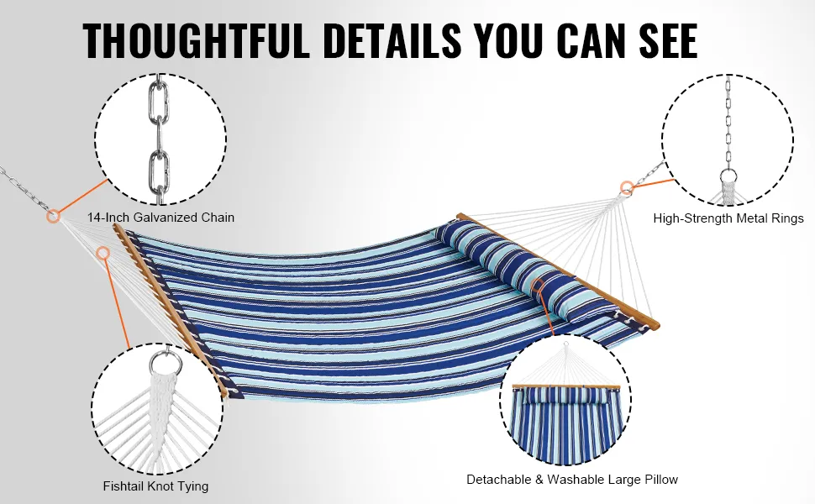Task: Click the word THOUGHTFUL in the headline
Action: pos(196,40)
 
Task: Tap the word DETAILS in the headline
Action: pos(392,40)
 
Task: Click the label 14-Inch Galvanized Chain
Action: pos(160,218)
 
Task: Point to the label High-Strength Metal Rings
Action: pos(728,218)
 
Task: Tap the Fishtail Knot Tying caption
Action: pos(155,486)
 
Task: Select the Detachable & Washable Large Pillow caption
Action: pos(572,480)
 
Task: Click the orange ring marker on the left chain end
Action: pos(53,216)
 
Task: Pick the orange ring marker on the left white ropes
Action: pos(103,253)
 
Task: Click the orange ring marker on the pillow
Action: pos(539,284)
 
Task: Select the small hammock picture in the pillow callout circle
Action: pos(565,411)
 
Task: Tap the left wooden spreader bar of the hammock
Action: pos(171,310)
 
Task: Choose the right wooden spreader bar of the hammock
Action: pos(558,270)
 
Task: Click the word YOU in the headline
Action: pos(513,40)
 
